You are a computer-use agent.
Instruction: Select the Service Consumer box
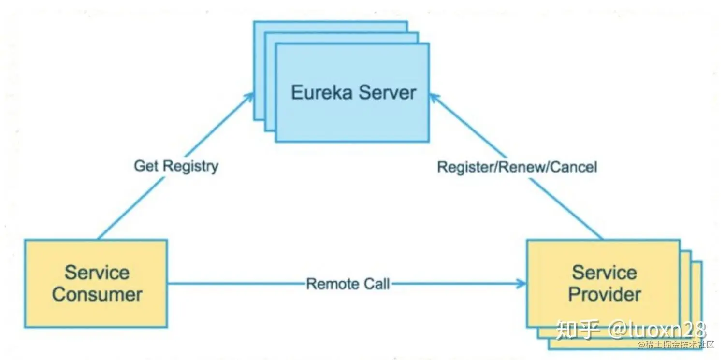click(96, 283)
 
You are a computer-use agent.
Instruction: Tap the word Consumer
click(97, 294)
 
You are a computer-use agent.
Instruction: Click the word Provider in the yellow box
click(604, 294)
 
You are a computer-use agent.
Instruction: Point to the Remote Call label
click(348, 284)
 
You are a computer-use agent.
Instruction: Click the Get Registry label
click(176, 166)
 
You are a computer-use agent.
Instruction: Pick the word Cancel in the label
click(574, 167)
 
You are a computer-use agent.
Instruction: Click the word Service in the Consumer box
click(97, 272)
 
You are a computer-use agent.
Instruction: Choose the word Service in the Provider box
click(604, 272)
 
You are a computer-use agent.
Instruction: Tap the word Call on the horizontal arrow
click(377, 284)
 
